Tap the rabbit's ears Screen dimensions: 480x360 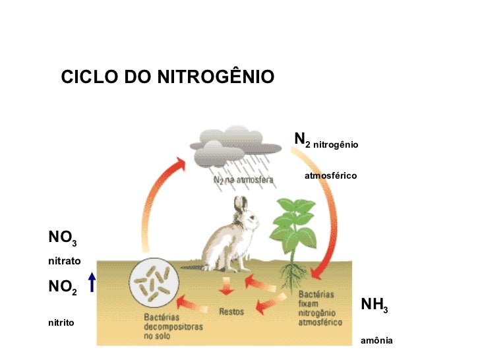tap(241, 206)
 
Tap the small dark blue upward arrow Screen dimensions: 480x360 tap(92, 283)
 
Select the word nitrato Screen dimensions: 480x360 tap(64, 261)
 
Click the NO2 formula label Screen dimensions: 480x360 tap(63, 288)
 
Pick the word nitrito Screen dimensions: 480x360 tap(61, 323)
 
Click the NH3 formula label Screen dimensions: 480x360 tap(374, 305)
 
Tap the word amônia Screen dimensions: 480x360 tap(376, 341)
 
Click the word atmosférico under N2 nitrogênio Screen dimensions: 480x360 tap(330, 176)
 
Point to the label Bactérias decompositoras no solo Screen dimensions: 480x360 tap(173, 326)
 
